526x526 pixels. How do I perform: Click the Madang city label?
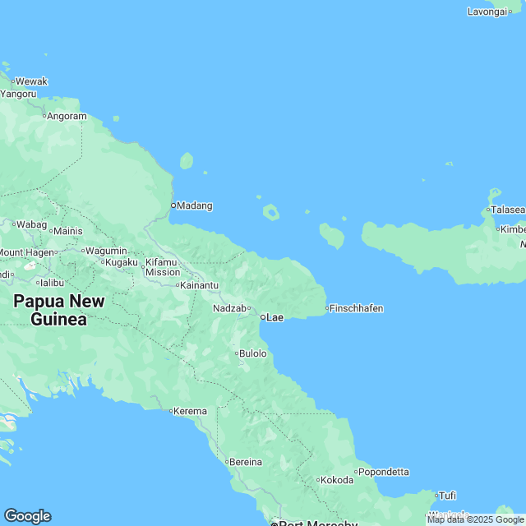click(195, 205)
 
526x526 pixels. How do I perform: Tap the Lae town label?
click(274, 317)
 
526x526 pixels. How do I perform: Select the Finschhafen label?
click(357, 308)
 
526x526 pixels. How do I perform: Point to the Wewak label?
click(32, 81)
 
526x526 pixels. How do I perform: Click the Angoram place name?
click(67, 117)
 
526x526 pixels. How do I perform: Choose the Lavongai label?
click(487, 12)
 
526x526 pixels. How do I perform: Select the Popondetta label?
click(384, 472)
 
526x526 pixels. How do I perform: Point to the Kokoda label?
click(337, 480)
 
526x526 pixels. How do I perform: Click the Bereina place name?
click(245, 462)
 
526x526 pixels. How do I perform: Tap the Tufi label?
click(447, 495)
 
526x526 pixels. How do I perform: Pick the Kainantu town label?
click(200, 285)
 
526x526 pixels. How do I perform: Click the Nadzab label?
click(229, 308)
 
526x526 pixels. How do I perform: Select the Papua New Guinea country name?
click(59, 311)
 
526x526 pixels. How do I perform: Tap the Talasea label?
click(508, 210)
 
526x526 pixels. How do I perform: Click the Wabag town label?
click(32, 224)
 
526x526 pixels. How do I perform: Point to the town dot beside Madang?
click(173, 205)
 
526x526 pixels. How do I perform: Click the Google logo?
click(27, 516)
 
